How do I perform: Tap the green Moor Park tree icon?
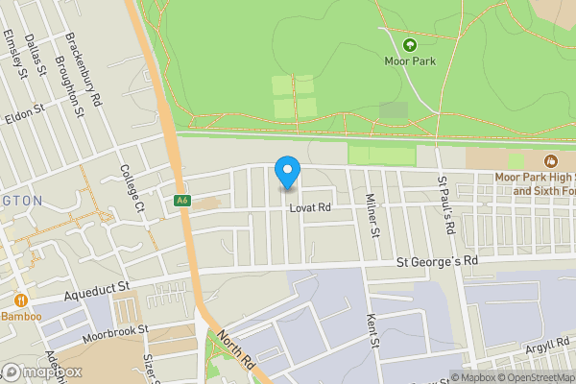pyautogui.click(x=410, y=45)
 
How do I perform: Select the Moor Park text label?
pyautogui.click(x=410, y=61)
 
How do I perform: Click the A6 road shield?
pyautogui.click(x=181, y=201)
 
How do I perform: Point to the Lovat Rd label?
pyautogui.click(x=311, y=206)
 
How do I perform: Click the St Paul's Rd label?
pyautogui.click(x=444, y=205)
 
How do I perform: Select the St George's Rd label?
pyautogui.click(x=437, y=261)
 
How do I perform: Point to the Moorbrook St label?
pyautogui.click(x=117, y=329)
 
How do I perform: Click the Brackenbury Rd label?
pyautogui.click(x=84, y=70)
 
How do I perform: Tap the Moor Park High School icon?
pyautogui.click(x=551, y=161)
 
